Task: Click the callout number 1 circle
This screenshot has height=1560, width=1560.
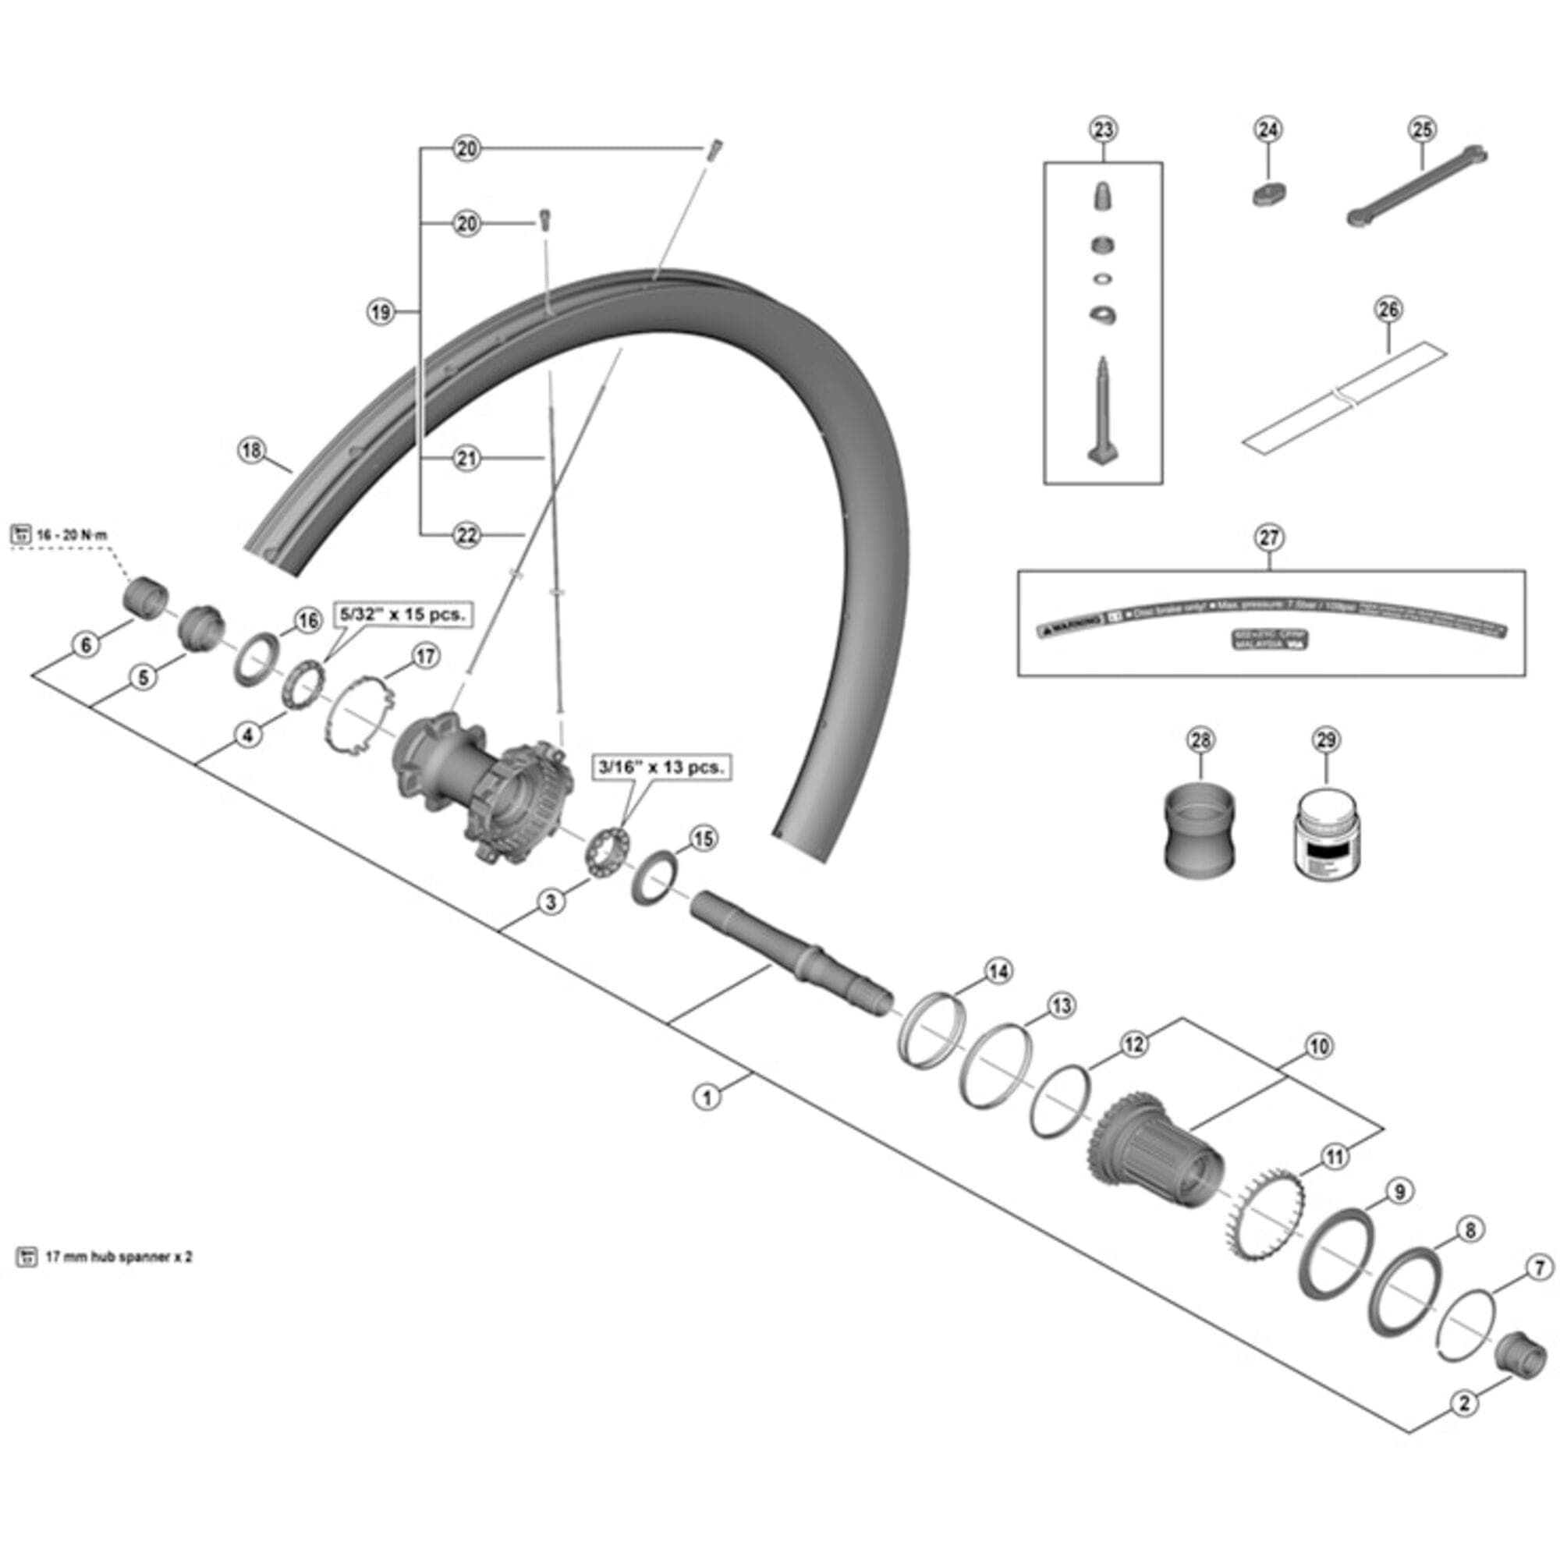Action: coord(707,1097)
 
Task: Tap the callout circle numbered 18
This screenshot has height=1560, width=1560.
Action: coord(252,450)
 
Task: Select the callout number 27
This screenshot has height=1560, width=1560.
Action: coord(1268,537)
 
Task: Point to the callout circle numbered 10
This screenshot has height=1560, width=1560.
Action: coord(1318,1047)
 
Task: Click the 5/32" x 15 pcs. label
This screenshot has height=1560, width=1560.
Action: coord(403,614)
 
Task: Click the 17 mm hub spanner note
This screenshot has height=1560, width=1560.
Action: coord(118,1257)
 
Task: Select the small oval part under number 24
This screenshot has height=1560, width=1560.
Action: coord(1268,194)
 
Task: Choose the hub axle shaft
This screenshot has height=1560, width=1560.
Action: coord(791,951)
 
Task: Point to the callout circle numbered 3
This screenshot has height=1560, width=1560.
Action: coord(551,901)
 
